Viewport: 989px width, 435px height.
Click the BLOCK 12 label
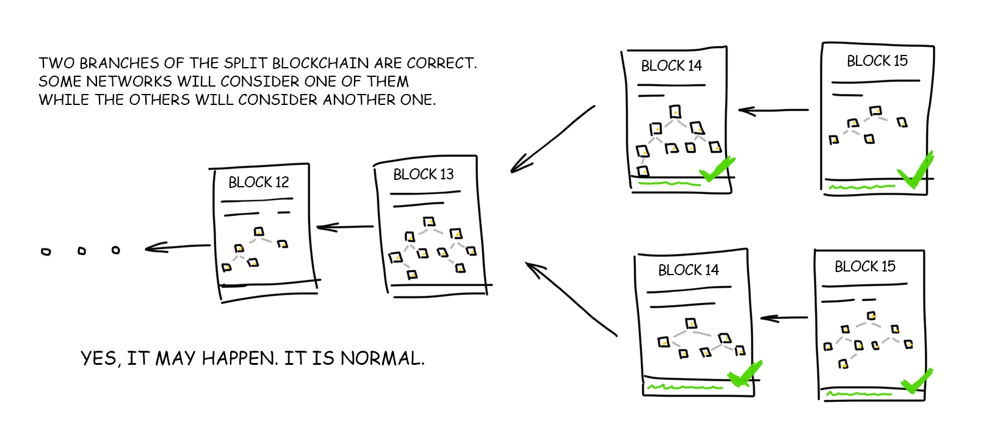coord(258,182)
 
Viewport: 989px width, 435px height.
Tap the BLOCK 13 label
coord(423,174)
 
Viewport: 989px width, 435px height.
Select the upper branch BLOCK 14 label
coord(671,66)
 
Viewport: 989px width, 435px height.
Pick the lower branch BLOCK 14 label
coord(688,270)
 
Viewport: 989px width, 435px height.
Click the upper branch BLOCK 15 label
coord(877,61)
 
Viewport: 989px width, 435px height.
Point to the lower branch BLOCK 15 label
coord(864,267)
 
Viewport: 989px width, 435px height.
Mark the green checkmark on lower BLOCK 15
coord(916,382)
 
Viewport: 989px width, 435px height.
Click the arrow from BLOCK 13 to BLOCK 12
coord(345,228)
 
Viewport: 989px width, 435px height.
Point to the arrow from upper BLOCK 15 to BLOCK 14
coord(773,110)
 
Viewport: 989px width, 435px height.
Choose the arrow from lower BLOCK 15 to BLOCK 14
coord(784,318)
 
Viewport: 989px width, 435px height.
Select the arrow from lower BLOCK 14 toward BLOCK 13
coord(570,298)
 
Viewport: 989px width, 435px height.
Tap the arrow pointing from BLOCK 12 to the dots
coord(177,247)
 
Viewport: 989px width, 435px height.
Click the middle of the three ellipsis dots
coord(82,251)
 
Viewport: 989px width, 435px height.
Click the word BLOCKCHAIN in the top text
coord(320,63)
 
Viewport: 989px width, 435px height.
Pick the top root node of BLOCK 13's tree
coord(429,221)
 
